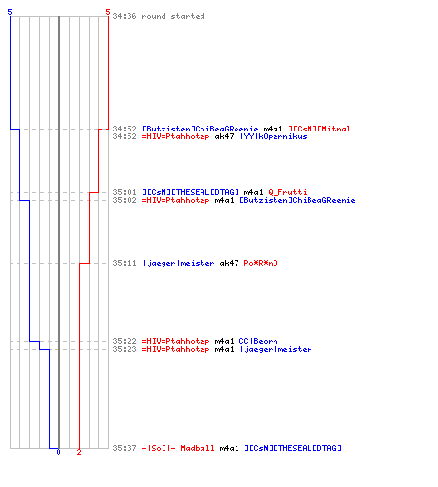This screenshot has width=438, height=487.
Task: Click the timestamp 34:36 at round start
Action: pos(125,16)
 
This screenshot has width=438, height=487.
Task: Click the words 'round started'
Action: pos(173,16)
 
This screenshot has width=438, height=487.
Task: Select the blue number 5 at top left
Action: pos(10,12)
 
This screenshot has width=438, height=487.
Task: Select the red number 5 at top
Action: pos(108,12)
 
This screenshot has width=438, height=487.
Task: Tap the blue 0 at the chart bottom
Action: pos(58,452)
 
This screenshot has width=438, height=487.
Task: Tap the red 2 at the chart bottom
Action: pos(79,452)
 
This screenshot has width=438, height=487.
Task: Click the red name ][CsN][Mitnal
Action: pos(319,129)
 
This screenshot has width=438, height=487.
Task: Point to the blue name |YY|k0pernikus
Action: pos(274,136)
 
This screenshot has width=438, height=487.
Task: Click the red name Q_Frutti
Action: pos(287,192)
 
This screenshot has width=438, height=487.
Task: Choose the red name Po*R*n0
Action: pos(261,263)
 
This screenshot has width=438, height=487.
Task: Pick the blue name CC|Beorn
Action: pos(258,341)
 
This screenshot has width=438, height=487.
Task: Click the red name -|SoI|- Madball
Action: pos(178,448)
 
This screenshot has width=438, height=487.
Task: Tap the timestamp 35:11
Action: pos(125,263)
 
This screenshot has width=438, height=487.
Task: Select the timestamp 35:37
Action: pos(125,448)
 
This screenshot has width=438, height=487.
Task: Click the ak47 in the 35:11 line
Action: pos(229,263)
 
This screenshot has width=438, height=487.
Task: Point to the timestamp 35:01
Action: pos(125,192)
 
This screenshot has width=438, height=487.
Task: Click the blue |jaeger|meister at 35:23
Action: pos(275,349)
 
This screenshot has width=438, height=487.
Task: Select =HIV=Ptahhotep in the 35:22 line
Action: pos(175,341)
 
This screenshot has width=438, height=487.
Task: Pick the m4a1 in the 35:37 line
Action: pos(229,448)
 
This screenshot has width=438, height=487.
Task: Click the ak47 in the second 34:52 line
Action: pos(224,136)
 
